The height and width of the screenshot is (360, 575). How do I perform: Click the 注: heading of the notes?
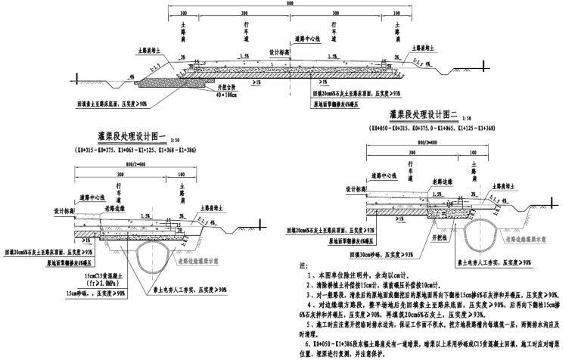[303, 266]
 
